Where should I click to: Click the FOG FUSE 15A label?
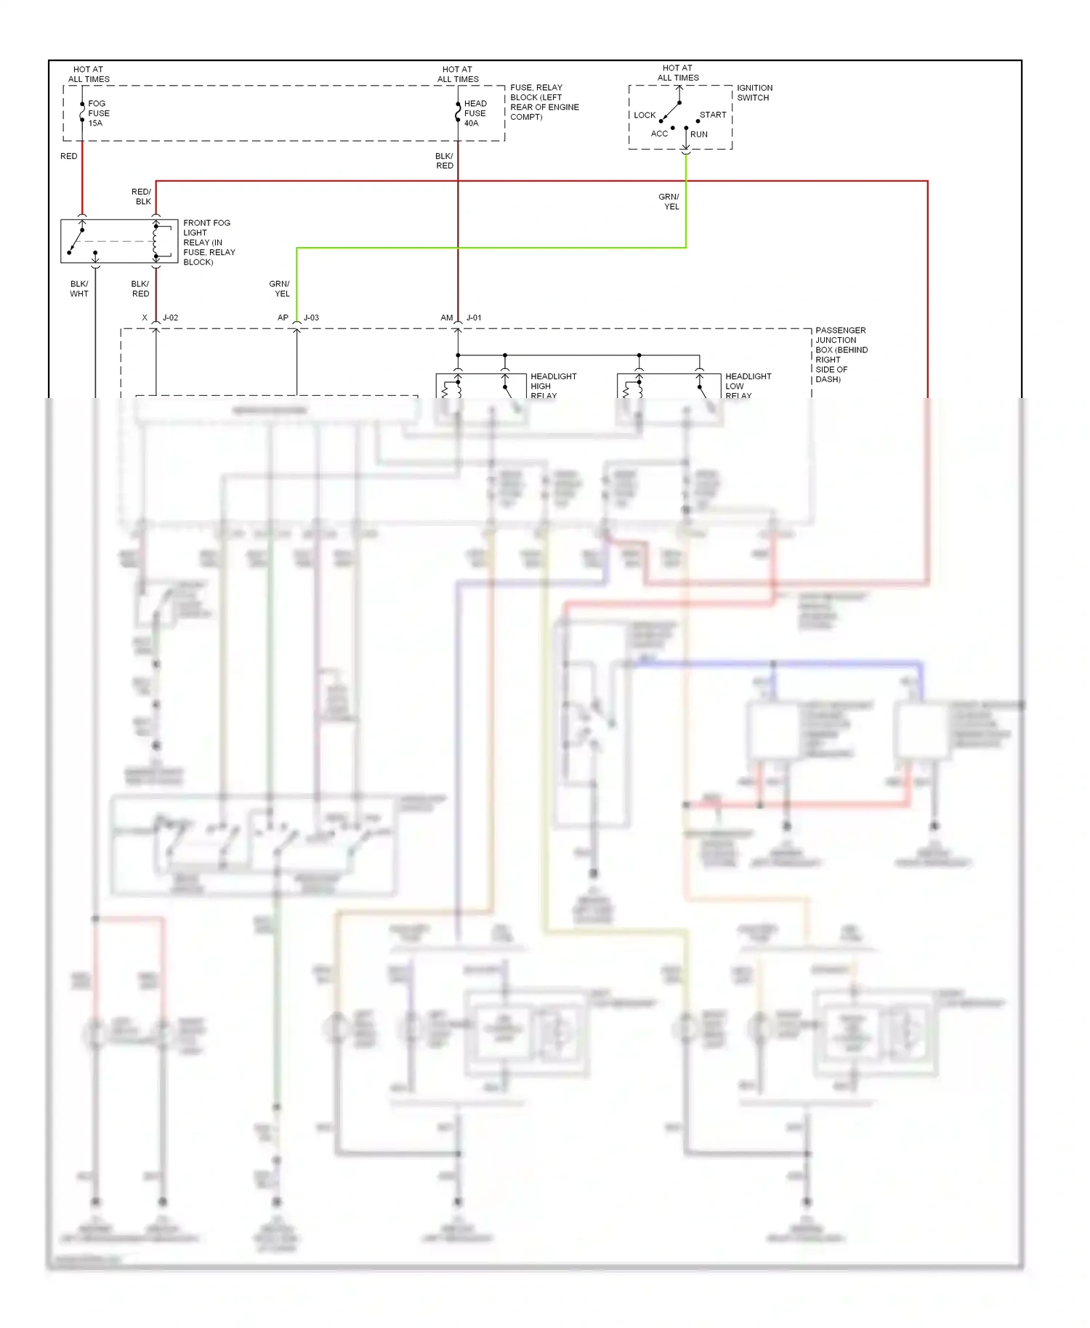coord(98,113)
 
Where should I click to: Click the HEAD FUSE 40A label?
coord(475,113)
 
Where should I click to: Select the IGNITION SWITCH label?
coord(754,92)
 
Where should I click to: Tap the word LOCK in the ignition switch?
coord(644,116)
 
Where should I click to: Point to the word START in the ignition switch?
coord(712,115)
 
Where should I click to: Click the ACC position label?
coord(659,134)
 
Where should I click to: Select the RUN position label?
coord(698,134)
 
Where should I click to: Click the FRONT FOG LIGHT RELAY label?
coord(209,242)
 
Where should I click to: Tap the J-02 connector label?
coord(170,317)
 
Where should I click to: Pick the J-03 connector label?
coord(311,317)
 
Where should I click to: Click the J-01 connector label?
coord(474,317)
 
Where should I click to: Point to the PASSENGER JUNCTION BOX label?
coord(841,355)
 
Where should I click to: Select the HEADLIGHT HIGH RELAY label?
coord(552,386)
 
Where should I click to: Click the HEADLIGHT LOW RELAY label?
coord(747,386)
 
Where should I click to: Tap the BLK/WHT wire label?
coord(79,289)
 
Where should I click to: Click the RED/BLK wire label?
coord(142,197)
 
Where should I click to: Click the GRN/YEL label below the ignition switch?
coord(669,201)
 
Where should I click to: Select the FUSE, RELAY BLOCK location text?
coord(544,102)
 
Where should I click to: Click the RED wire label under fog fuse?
coord(69,156)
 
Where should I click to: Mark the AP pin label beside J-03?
coord(283,317)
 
